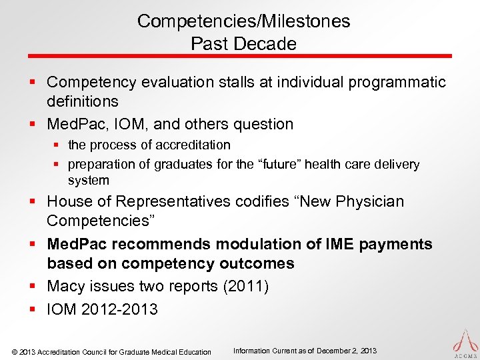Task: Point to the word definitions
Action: click(82, 102)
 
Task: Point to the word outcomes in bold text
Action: click(257, 263)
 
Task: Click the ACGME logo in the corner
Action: click(463, 341)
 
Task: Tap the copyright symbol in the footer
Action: click(15, 352)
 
